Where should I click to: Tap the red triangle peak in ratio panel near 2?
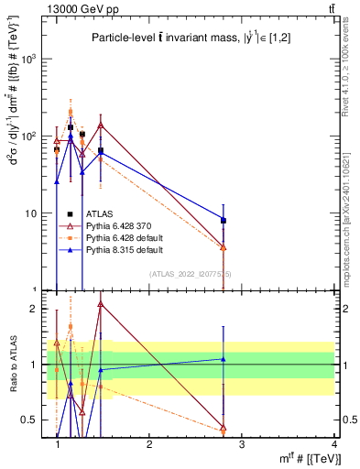(x=100, y=303)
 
